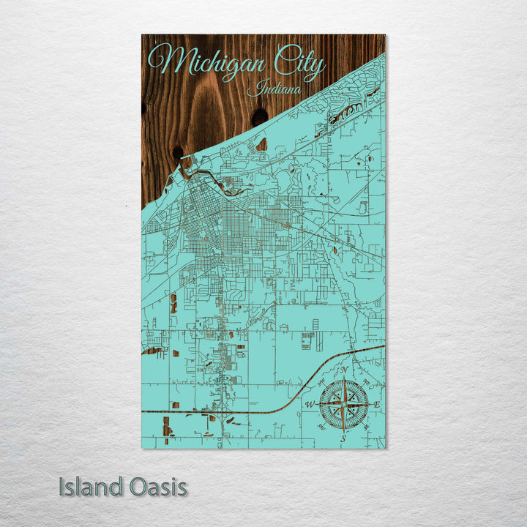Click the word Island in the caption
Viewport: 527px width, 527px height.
click(91, 487)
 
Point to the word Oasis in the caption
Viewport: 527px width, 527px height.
click(156, 487)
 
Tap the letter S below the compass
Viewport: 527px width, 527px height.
click(343, 438)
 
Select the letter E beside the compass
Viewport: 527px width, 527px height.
click(376, 405)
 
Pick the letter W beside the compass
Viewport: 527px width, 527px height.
click(310, 405)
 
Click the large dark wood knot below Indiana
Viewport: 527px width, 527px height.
click(259, 117)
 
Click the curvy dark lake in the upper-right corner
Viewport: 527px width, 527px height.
click(351, 110)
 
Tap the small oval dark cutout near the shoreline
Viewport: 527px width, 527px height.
click(261, 144)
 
